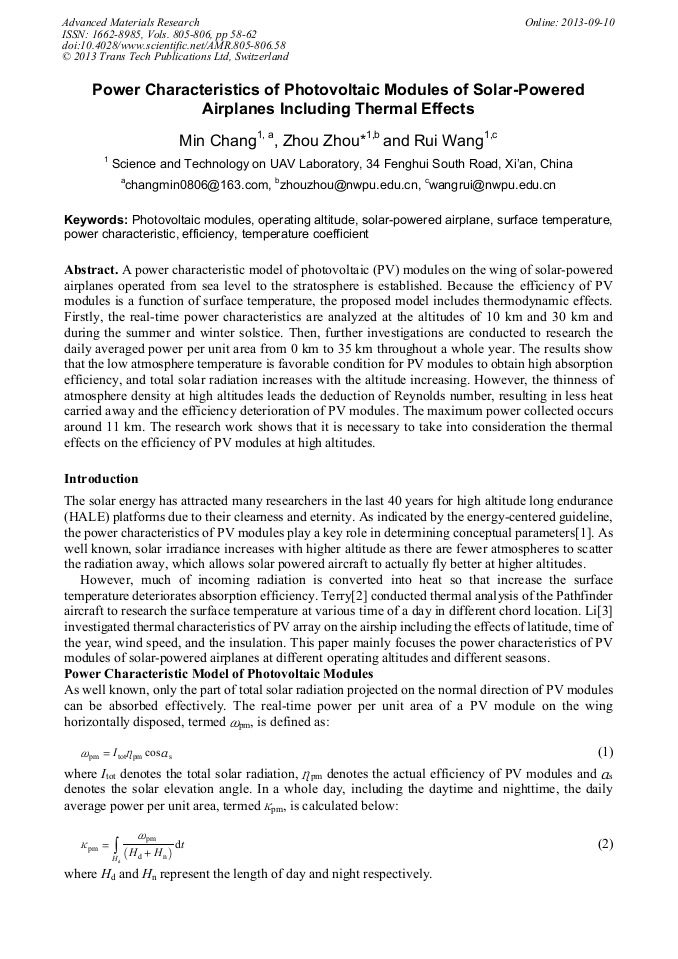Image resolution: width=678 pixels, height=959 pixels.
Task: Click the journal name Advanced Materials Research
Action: (x=130, y=21)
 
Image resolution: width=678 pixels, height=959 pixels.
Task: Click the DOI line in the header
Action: (x=173, y=45)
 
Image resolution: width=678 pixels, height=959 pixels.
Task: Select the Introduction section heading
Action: (x=101, y=479)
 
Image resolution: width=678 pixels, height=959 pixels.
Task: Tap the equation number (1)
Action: (x=604, y=752)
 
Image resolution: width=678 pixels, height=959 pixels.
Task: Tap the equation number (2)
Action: (x=604, y=844)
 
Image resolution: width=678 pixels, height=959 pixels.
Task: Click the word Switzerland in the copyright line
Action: (x=257, y=57)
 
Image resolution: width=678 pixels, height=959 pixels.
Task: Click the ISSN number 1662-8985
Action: (x=118, y=33)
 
